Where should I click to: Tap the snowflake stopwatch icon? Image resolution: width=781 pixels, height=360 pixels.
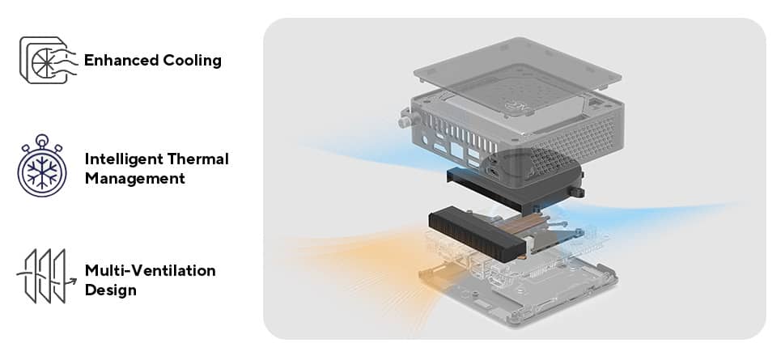pos(42,167)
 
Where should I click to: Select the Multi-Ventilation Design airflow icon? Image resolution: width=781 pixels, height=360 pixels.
pos(45,276)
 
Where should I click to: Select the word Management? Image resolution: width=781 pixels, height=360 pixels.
pos(134,179)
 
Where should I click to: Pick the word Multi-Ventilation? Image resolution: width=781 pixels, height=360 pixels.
pos(150,270)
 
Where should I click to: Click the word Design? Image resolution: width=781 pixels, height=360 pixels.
pos(110,290)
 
